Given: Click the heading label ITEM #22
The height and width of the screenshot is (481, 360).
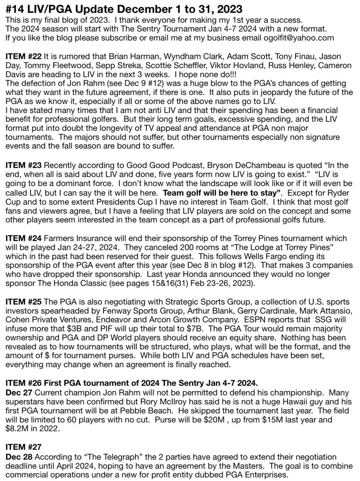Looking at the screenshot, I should pos(23,56).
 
